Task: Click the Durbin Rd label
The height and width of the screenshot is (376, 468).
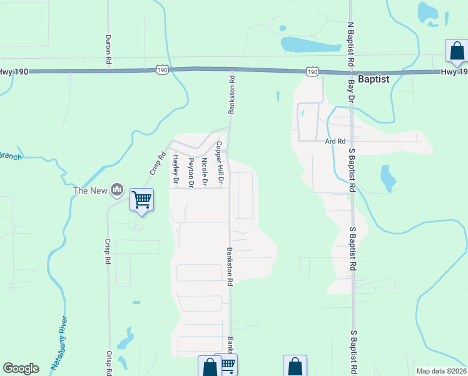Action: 108,48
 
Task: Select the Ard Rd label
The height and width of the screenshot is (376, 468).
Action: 335,142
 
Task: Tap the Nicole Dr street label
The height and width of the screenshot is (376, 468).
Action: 205,172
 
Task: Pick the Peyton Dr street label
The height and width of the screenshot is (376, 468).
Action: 191,172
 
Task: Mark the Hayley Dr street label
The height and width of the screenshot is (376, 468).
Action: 176,170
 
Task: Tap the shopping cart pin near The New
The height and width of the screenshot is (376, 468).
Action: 141,201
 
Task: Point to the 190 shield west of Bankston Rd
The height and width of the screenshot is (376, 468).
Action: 163,71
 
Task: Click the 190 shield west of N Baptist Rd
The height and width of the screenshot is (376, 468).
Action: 312,72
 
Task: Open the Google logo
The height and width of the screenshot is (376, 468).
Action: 21,368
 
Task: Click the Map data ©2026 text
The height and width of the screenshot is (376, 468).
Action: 441,371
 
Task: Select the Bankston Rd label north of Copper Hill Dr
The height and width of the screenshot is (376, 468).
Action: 231,95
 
